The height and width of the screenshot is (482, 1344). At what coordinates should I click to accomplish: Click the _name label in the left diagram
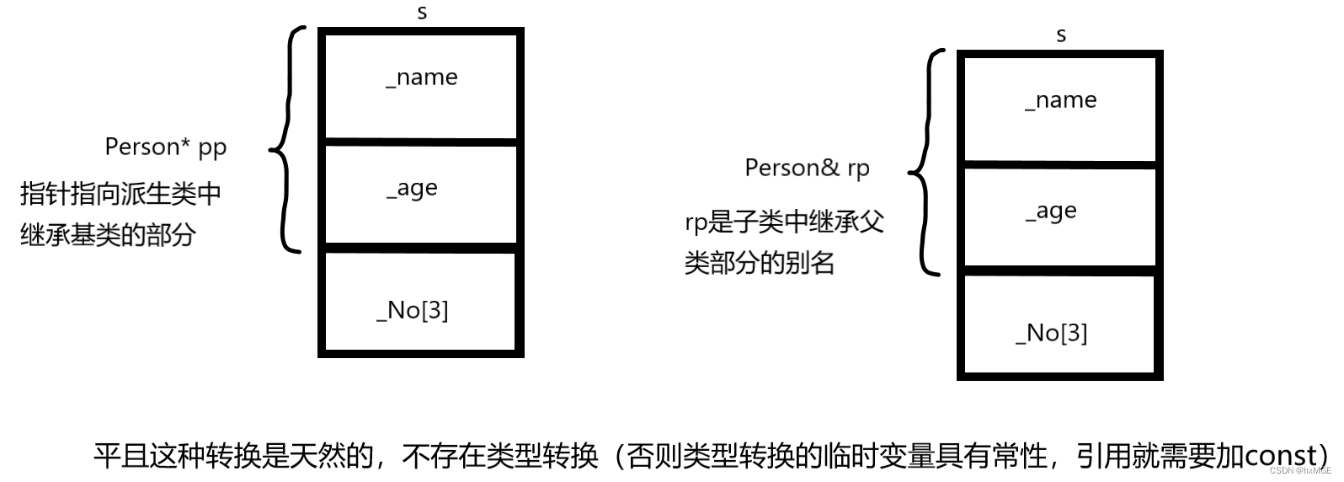click(x=422, y=78)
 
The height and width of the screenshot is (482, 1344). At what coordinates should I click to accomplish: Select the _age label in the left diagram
click(x=413, y=189)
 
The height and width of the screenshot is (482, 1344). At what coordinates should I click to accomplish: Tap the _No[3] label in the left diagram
click(x=413, y=310)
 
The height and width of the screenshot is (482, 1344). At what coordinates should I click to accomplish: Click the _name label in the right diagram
click(x=1061, y=100)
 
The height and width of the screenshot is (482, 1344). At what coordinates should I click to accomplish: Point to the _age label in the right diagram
click(x=1052, y=212)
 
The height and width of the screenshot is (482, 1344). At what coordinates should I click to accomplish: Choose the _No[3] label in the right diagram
click(x=1052, y=333)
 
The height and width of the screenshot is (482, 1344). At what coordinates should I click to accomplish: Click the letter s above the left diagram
click(x=422, y=13)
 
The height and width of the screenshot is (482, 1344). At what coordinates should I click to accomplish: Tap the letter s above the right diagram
click(x=1061, y=35)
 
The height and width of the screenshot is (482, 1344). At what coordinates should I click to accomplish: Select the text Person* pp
click(x=166, y=147)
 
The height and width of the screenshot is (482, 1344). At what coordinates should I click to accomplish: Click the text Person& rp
click(x=807, y=169)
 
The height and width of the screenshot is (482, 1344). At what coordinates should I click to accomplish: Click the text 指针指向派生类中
click(x=120, y=194)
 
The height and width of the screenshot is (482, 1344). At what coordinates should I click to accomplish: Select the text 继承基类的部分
click(x=108, y=234)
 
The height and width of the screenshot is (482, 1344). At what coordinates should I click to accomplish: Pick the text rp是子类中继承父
click(x=784, y=222)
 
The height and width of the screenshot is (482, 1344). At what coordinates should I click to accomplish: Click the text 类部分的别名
click(x=759, y=263)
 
